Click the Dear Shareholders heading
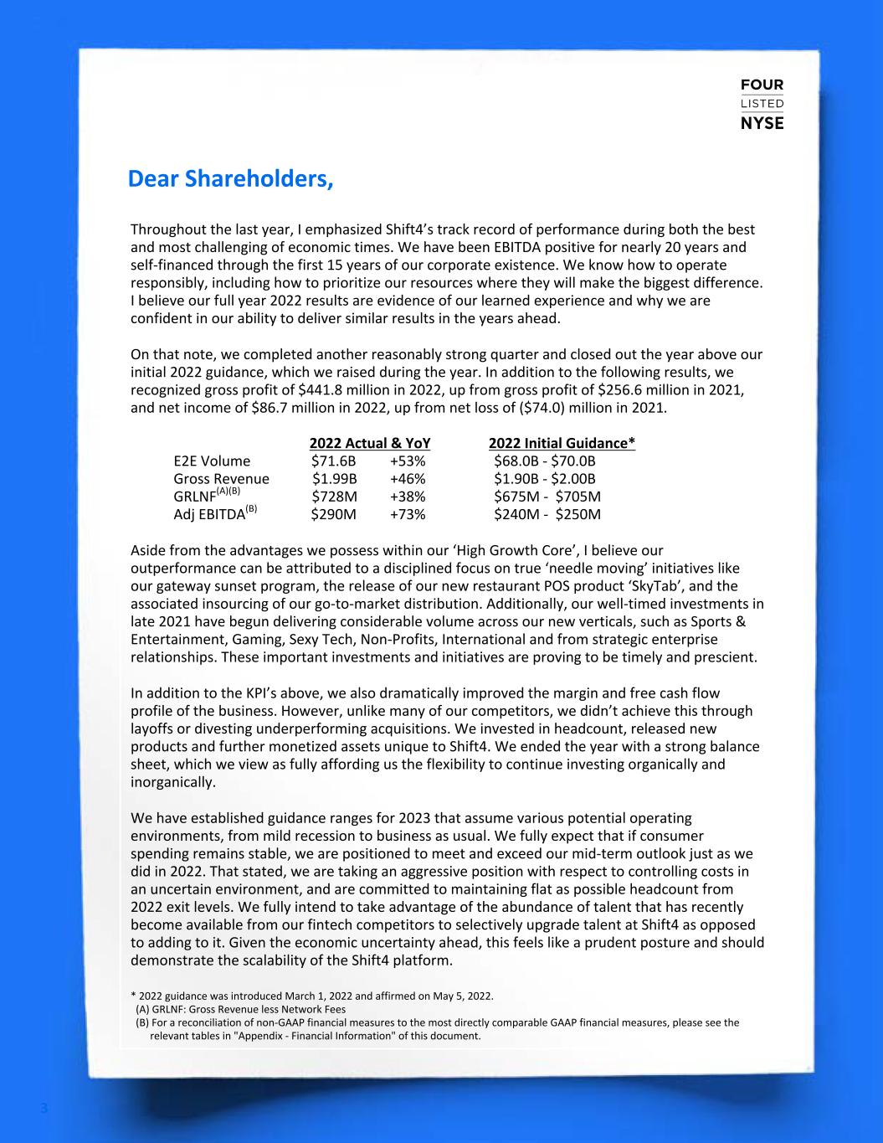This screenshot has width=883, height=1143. pos(230,179)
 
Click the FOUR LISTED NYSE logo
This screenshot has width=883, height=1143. pos(762,104)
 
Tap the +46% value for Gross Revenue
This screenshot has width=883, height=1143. pos(408,479)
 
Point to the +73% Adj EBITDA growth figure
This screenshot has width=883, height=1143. pos(408,514)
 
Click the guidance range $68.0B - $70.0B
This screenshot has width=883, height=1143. pos(545,461)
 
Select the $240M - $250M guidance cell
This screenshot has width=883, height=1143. pos(547,514)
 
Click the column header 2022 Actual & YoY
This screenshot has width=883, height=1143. pos(375,443)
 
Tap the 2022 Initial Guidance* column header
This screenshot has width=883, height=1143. pos(562,443)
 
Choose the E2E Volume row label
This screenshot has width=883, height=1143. pos(212,461)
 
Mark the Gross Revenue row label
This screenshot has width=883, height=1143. pos(221,479)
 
